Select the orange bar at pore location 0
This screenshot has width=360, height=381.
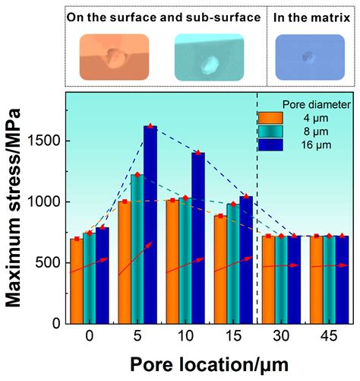[x=77, y=281]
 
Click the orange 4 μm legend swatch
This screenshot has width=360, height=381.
[x=270, y=118]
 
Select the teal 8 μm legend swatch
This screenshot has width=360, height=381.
[x=270, y=131]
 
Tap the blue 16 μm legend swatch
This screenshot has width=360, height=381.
[x=270, y=144]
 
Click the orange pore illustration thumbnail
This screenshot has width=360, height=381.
[x=115, y=57]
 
